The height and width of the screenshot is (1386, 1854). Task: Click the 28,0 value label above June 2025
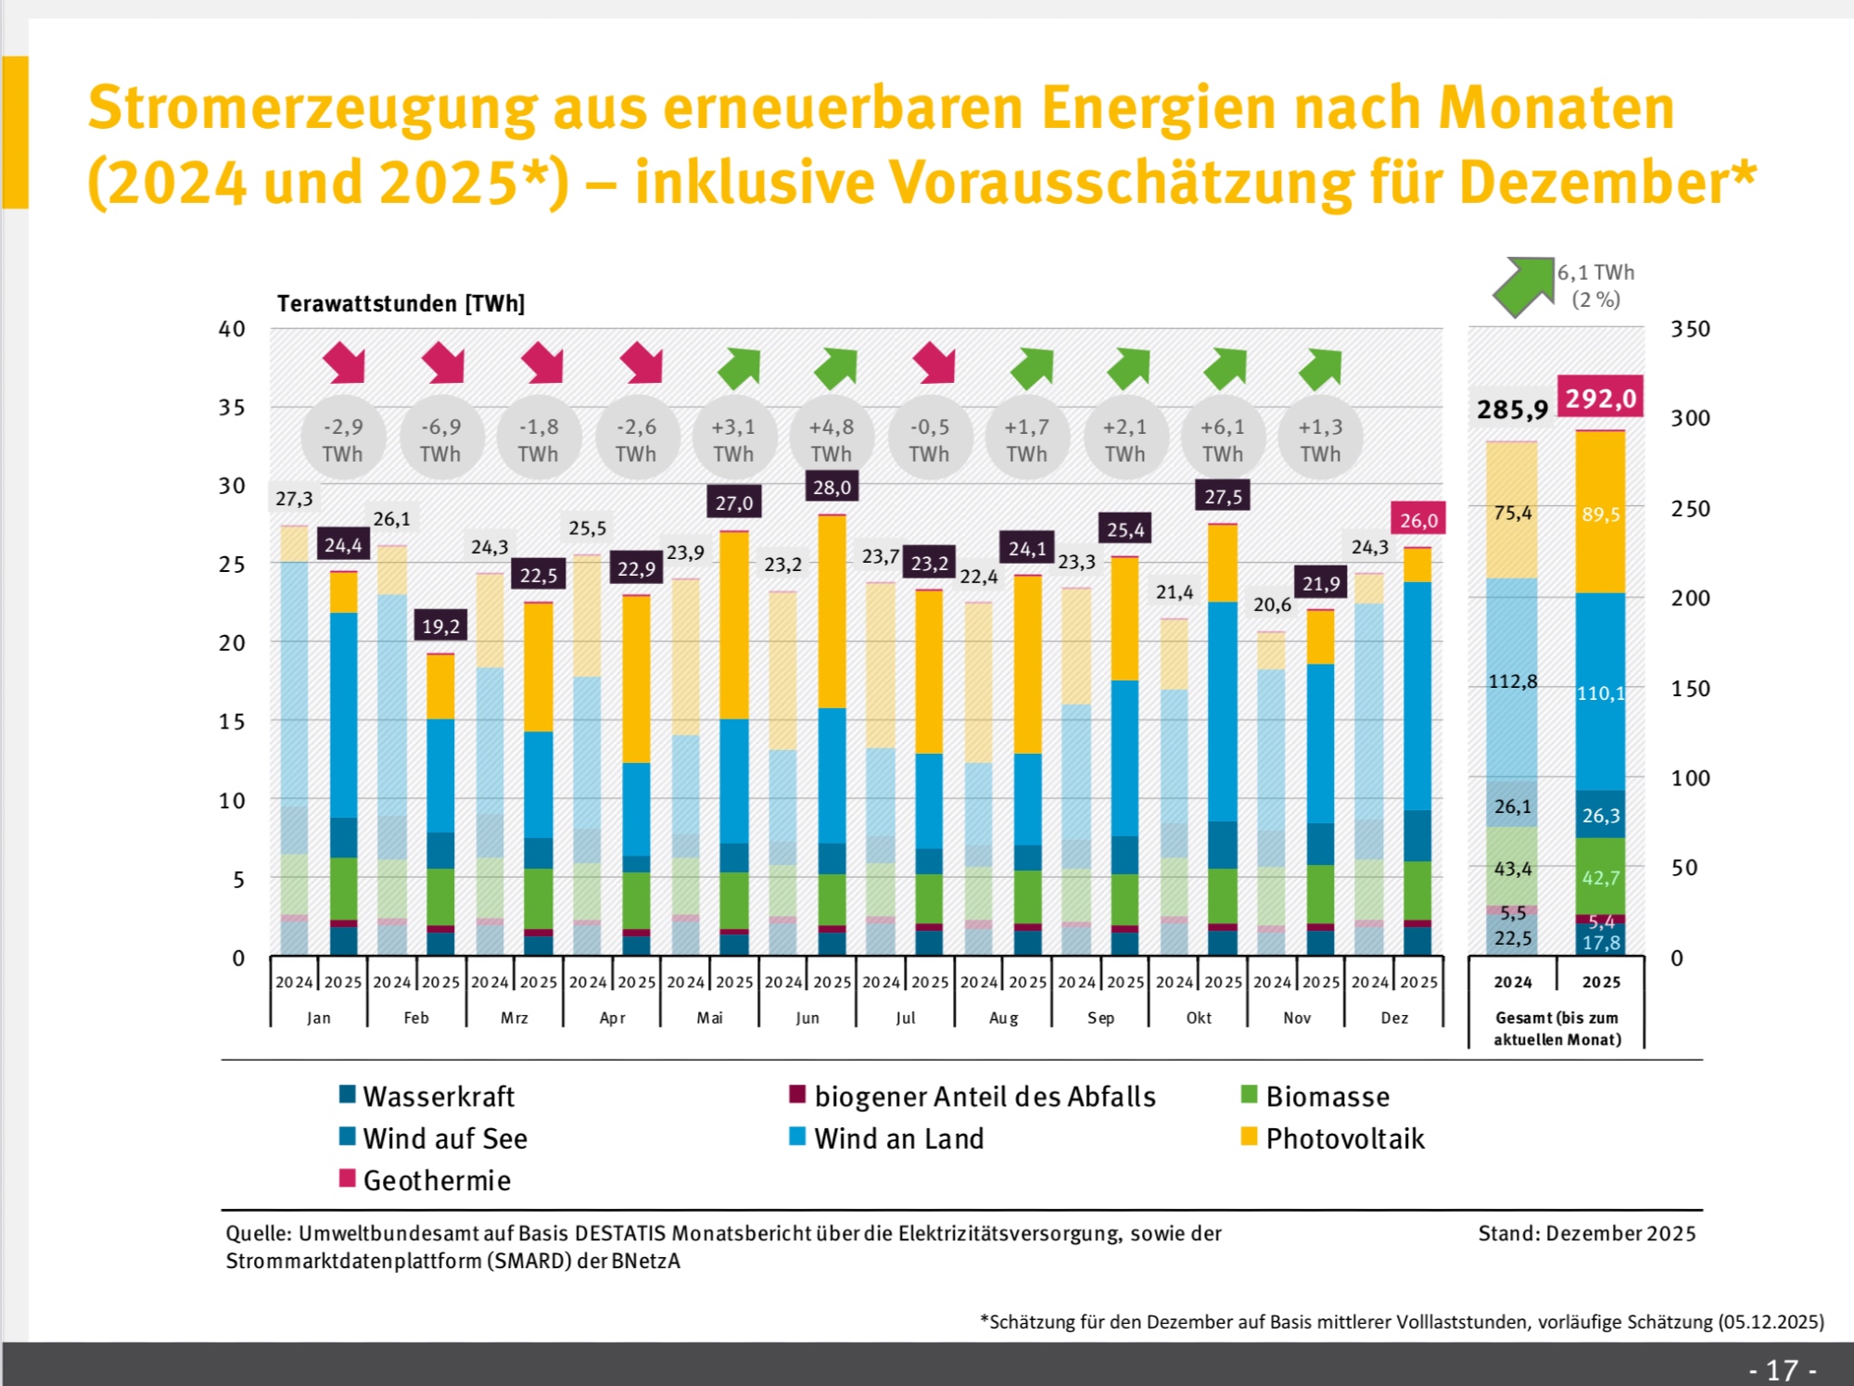(832, 488)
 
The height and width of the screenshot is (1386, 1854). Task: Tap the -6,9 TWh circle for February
(440, 439)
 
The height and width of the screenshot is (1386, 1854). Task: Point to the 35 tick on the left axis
(232, 407)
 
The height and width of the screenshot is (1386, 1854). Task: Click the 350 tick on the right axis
(1690, 329)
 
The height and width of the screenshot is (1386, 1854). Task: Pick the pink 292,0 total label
(1600, 399)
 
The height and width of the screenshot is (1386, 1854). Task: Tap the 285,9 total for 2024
(1512, 409)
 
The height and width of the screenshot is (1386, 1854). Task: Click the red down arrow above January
(344, 362)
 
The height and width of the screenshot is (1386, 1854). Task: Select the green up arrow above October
(1225, 368)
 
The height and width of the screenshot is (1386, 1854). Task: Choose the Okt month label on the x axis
(1199, 1018)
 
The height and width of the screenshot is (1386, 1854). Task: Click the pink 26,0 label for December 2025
(1418, 520)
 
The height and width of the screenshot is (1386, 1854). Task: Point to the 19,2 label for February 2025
(440, 627)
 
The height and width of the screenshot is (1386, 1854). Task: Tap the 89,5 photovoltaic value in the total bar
(1600, 515)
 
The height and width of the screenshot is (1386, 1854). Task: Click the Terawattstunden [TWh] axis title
(400, 303)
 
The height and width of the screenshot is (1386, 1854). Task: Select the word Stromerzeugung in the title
(312, 108)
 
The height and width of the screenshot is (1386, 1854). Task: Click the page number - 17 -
(1782, 1369)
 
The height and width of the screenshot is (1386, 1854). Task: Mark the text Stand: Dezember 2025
(1586, 1233)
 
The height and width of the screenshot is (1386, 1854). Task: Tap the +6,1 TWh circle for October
(1223, 439)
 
